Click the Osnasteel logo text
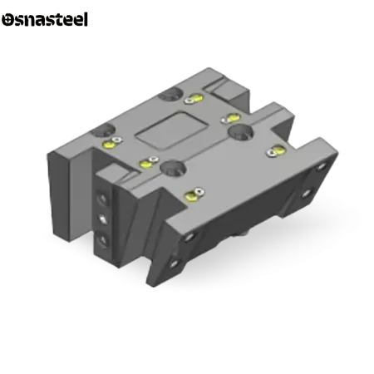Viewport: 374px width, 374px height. click(x=45, y=19)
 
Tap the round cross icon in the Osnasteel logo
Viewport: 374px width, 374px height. click(x=7, y=20)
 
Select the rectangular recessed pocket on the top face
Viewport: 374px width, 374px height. click(x=172, y=130)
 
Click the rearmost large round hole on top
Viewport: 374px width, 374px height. click(x=170, y=93)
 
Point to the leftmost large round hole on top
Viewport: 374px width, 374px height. click(x=103, y=130)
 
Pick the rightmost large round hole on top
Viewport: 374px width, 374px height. click(x=240, y=131)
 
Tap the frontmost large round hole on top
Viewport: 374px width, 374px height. click(x=173, y=168)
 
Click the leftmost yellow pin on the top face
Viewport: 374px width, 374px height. click(x=109, y=144)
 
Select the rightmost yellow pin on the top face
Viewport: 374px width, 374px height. click(x=278, y=150)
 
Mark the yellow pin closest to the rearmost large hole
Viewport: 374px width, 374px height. click(x=196, y=98)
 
